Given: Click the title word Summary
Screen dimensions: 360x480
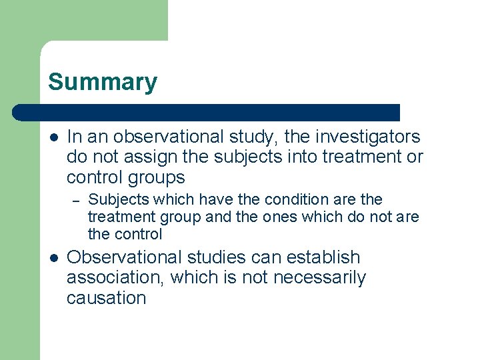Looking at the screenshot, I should tap(103, 82).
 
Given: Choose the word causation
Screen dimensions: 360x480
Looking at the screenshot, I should tap(106, 298).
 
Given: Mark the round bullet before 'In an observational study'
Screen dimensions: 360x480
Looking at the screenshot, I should tap(53, 137).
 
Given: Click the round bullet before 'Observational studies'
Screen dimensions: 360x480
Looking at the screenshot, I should tap(53, 257).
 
